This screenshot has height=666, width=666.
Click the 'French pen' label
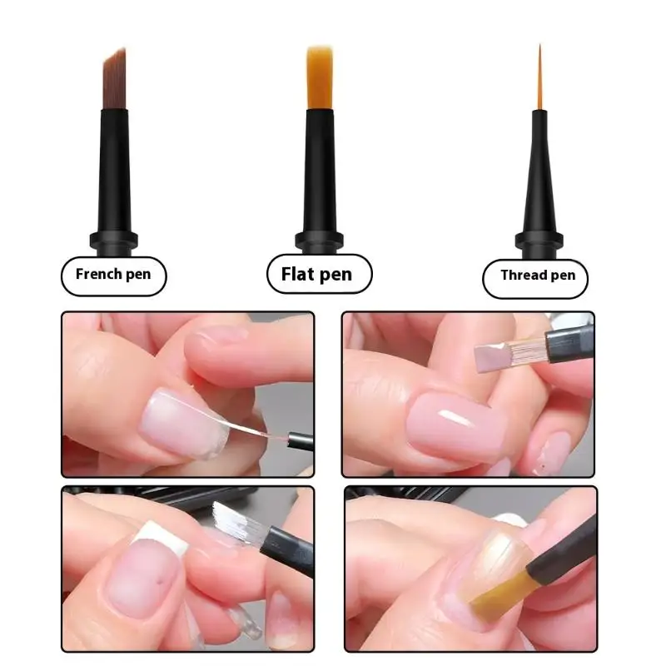113,274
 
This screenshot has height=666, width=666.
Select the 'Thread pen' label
537,276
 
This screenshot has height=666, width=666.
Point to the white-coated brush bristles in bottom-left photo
232,521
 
